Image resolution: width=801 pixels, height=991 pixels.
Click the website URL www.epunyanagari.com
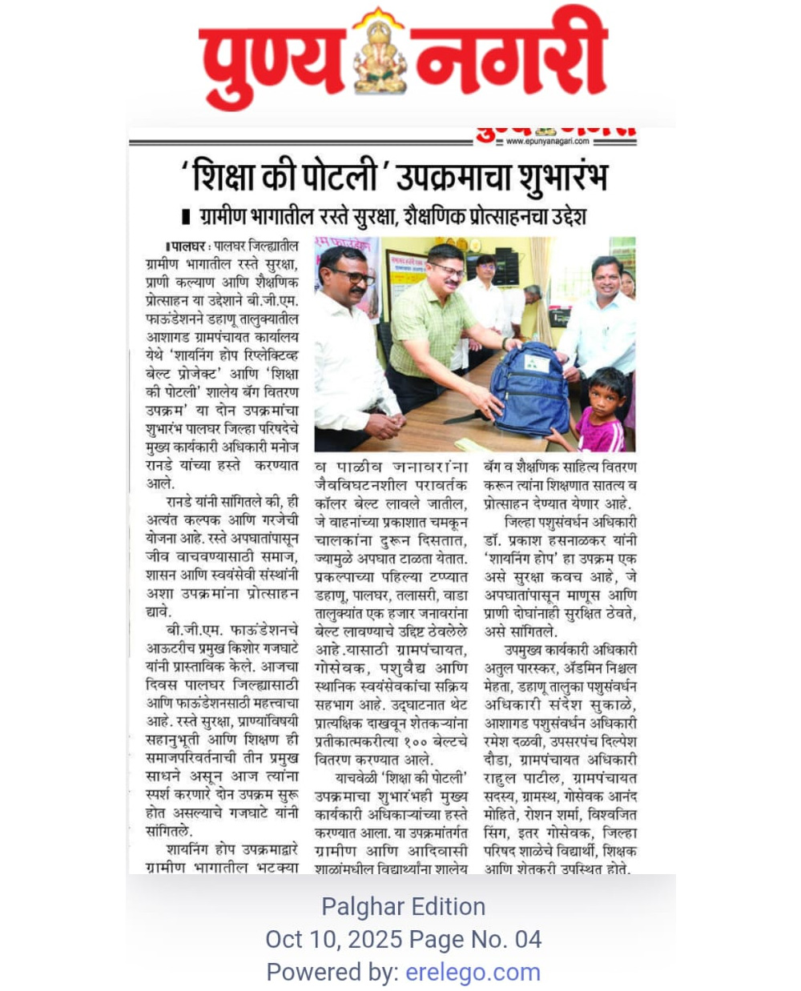tap(547, 142)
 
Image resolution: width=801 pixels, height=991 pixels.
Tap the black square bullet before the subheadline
tap(187, 217)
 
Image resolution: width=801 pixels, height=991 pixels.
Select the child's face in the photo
tap(606, 392)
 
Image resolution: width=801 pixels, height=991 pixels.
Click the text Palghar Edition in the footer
tap(403, 906)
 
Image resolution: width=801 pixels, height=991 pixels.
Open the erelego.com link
tap(473, 972)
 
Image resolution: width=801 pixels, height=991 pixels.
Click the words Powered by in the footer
tap(332, 972)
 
